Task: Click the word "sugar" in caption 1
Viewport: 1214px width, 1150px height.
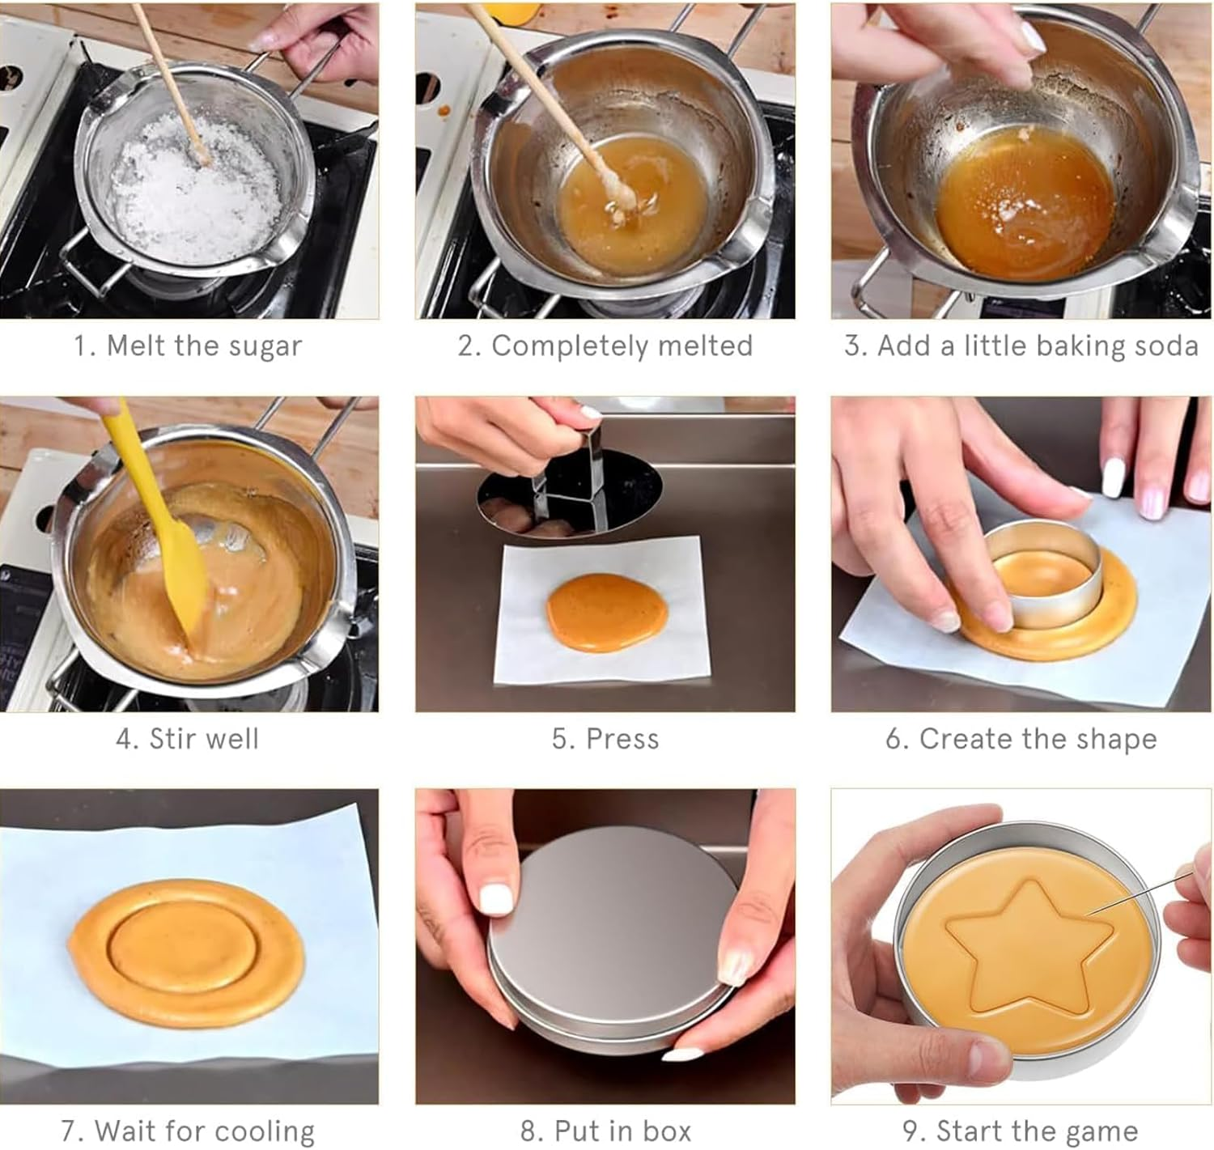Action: (x=265, y=346)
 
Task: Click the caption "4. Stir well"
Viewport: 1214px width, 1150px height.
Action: (x=187, y=739)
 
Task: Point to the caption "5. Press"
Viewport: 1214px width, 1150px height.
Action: (x=605, y=739)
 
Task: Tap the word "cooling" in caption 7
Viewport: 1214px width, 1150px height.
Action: (x=265, y=1131)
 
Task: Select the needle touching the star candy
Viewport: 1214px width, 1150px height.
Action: (x=1140, y=893)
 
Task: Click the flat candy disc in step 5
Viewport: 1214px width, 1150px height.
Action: (x=606, y=612)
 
